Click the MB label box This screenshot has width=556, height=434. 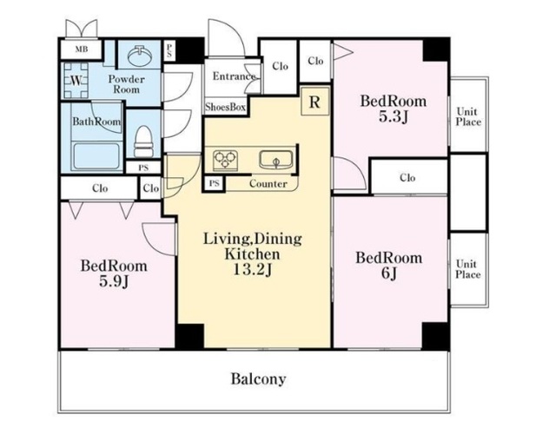pyautogui.click(x=81, y=49)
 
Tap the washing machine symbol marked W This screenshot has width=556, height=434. pyautogui.click(x=76, y=81)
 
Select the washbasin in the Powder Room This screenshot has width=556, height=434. pyautogui.click(x=139, y=56)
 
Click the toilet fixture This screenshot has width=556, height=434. pyautogui.click(x=144, y=141)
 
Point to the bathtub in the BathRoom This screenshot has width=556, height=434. pyautogui.click(x=96, y=156)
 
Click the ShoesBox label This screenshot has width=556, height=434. pyautogui.click(x=225, y=107)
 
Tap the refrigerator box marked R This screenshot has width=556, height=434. pyautogui.click(x=314, y=102)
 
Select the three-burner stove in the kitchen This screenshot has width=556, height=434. pyautogui.click(x=225, y=159)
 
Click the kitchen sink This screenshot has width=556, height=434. pyautogui.click(x=276, y=160)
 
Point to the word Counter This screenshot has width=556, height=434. pyautogui.click(x=268, y=183)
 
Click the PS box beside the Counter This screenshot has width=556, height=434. pyautogui.click(x=214, y=183)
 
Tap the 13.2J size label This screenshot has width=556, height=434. pyautogui.click(x=253, y=270)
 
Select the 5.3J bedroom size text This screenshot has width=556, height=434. pyautogui.click(x=394, y=116)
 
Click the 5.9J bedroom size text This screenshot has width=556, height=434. pyautogui.click(x=114, y=281)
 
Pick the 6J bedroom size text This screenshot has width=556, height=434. pyautogui.click(x=389, y=273)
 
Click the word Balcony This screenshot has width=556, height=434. pyautogui.click(x=259, y=379)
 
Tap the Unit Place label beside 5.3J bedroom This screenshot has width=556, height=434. pyautogui.click(x=468, y=117)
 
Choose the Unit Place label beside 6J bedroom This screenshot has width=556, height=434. pyautogui.click(x=468, y=269)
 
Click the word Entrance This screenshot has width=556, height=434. pyautogui.click(x=234, y=76)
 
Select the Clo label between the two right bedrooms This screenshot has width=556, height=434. pyautogui.click(x=407, y=177)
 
